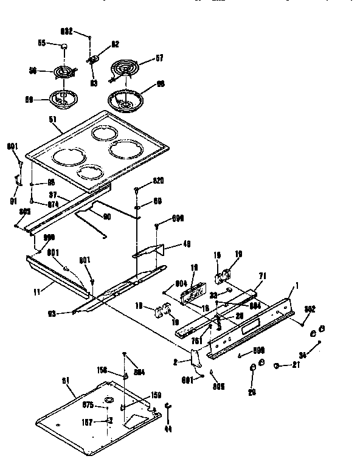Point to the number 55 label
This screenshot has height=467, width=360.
click(42, 44)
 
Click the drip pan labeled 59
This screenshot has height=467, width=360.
click(63, 96)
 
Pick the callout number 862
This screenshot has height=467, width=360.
click(309, 309)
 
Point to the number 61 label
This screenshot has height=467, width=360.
click(66, 380)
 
